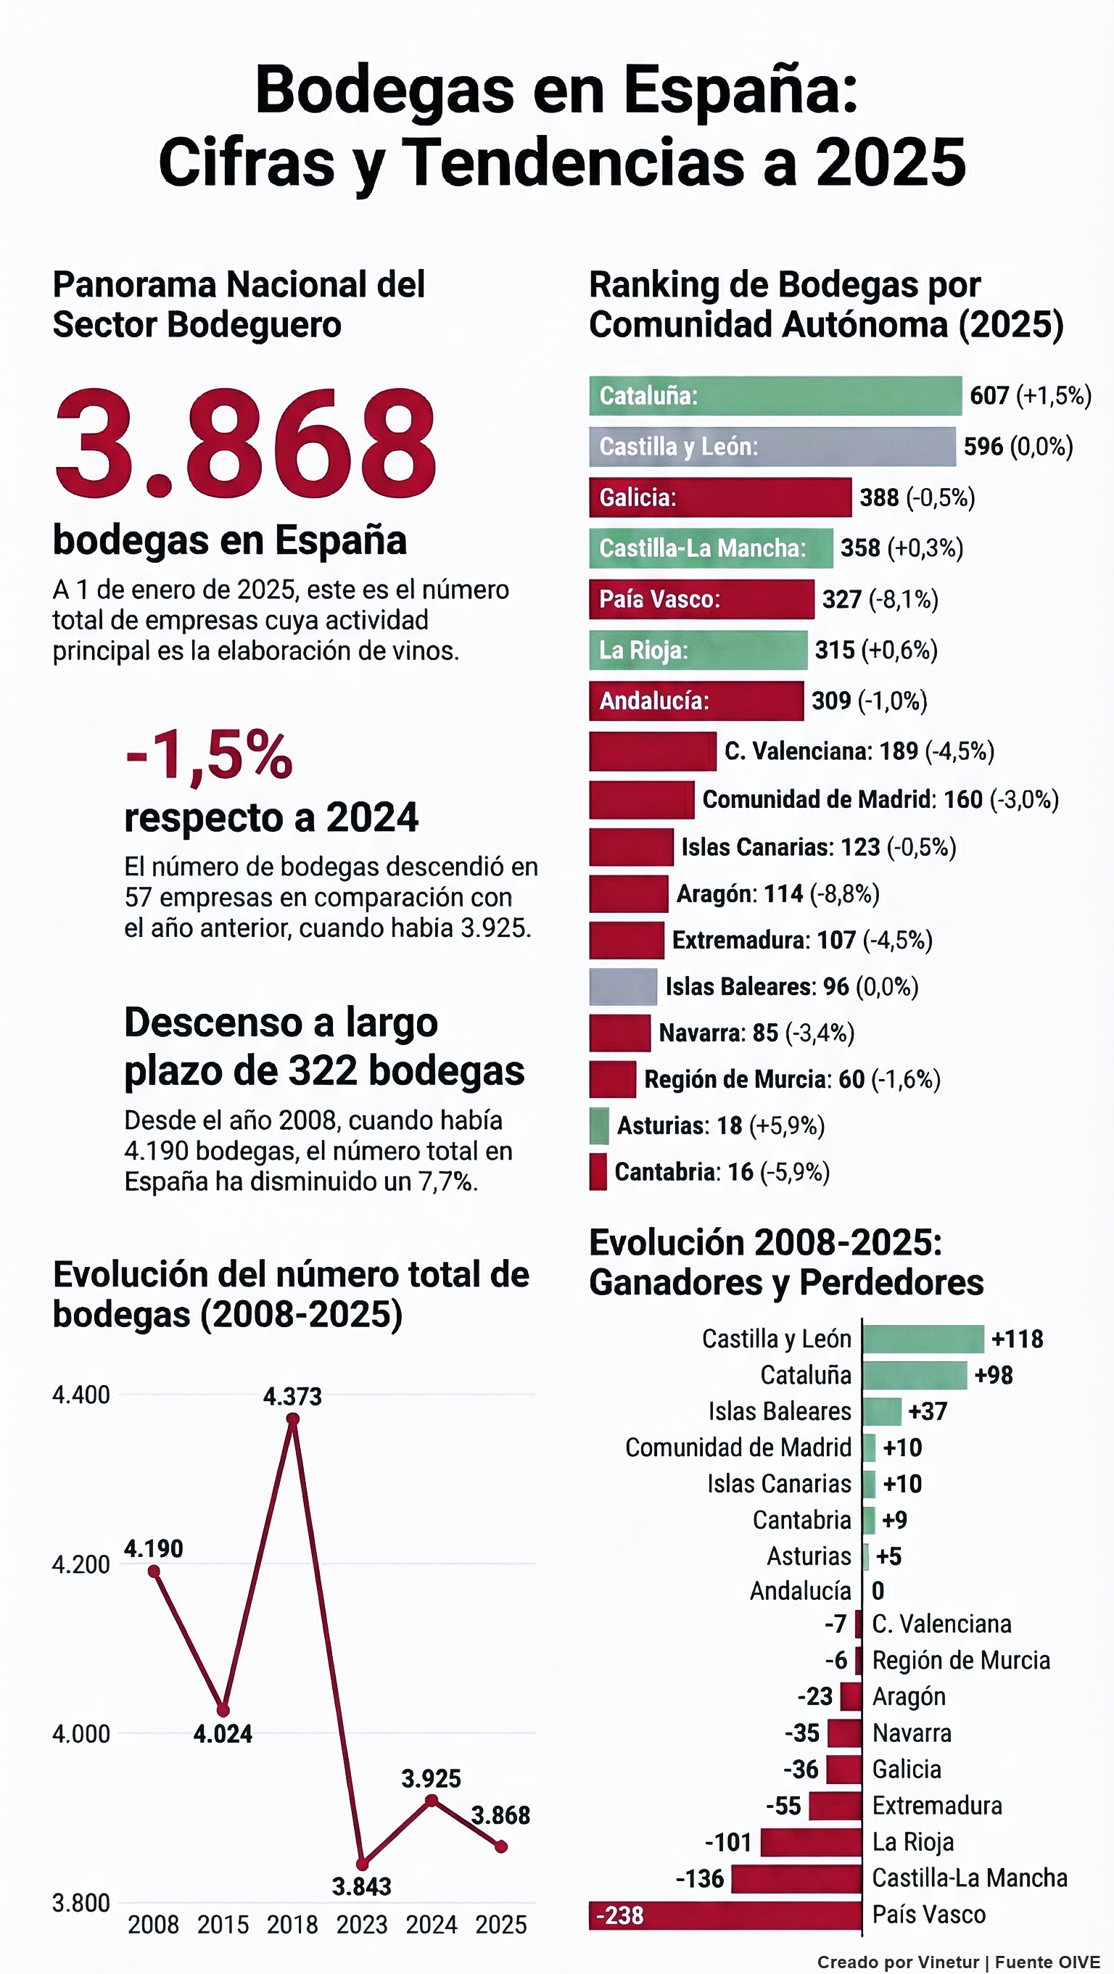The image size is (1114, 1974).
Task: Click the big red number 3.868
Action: pos(245,444)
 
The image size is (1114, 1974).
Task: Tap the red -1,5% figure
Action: pos(208,756)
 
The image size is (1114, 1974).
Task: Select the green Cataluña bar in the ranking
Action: pos(775,395)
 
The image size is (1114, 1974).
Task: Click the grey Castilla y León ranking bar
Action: pos(772,447)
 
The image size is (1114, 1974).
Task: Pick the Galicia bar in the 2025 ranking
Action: pos(719,497)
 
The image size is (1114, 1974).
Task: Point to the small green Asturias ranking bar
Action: pos(599,1126)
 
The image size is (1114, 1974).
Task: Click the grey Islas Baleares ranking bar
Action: pos(623,987)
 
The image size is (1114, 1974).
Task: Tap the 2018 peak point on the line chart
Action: pos(293,1419)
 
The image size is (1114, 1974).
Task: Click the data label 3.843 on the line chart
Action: pos(362,1886)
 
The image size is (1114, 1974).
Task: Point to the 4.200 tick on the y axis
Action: pos(81,1564)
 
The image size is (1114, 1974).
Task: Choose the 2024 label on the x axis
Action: pos(432,1924)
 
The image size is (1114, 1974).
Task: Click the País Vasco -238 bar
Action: pos(725,1915)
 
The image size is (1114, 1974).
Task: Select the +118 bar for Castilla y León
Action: pos(923,1339)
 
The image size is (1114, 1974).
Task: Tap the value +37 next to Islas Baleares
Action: pos(928,1411)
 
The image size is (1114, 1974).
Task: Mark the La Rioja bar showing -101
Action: pos(812,1842)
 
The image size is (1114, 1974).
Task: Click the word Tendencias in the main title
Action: pos(572,162)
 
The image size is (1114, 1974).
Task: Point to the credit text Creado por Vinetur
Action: pos(897,1962)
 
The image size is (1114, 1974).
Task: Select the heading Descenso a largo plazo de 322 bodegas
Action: pos(324,1046)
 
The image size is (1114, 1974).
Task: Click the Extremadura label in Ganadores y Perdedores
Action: pos(937,1806)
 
